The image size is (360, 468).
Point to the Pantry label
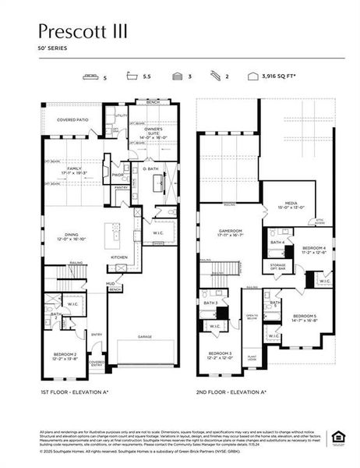pos(120,188)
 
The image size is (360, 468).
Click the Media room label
pos(288,206)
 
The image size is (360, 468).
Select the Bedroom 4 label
pos(320,251)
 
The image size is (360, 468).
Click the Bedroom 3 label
pos(219,355)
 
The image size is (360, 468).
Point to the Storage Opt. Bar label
pos(278,268)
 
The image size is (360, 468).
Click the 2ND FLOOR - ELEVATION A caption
pos(231,392)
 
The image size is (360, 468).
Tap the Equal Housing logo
pos(338,436)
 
